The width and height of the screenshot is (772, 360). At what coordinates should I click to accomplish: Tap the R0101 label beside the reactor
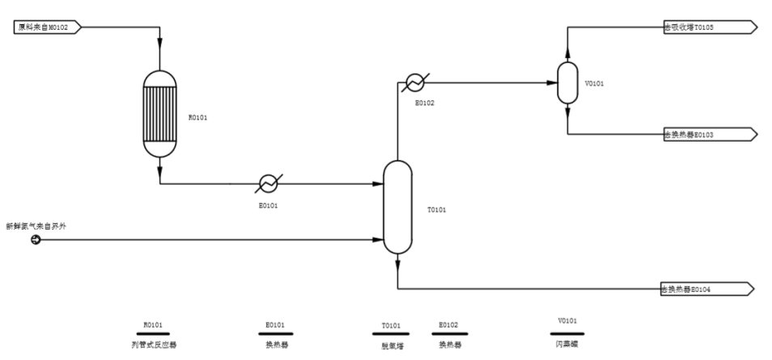pyautogui.click(x=198, y=117)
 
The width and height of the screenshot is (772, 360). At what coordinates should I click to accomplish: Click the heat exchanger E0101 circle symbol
pyautogui.click(x=268, y=184)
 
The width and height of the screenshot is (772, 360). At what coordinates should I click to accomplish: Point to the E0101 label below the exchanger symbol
pyautogui.click(x=268, y=205)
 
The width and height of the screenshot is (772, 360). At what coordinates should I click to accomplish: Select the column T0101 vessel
pyautogui.click(x=397, y=207)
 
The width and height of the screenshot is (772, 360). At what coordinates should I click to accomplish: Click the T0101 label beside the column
pyautogui.click(x=436, y=210)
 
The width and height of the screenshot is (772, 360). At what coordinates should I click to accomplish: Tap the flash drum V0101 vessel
pyautogui.click(x=567, y=83)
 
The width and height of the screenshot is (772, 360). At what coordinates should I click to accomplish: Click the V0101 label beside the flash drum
pyautogui.click(x=594, y=83)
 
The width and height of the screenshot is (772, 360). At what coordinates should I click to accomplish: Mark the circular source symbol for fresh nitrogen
pyautogui.click(x=36, y=239)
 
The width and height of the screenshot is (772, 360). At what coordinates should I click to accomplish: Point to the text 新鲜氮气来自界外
pyautogui.click(x=36, y=226)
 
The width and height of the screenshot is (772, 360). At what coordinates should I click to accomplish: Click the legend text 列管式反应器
pyautogui.click(x=154, y=344)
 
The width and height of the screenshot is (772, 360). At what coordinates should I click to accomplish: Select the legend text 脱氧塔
pyautogui.click(x=392, y=345)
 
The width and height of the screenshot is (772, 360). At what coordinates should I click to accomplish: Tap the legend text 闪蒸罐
pyautogui.click(x=566, y=344)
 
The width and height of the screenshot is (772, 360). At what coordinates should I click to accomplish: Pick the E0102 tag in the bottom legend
pyautogui.click(x=448, y=325)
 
